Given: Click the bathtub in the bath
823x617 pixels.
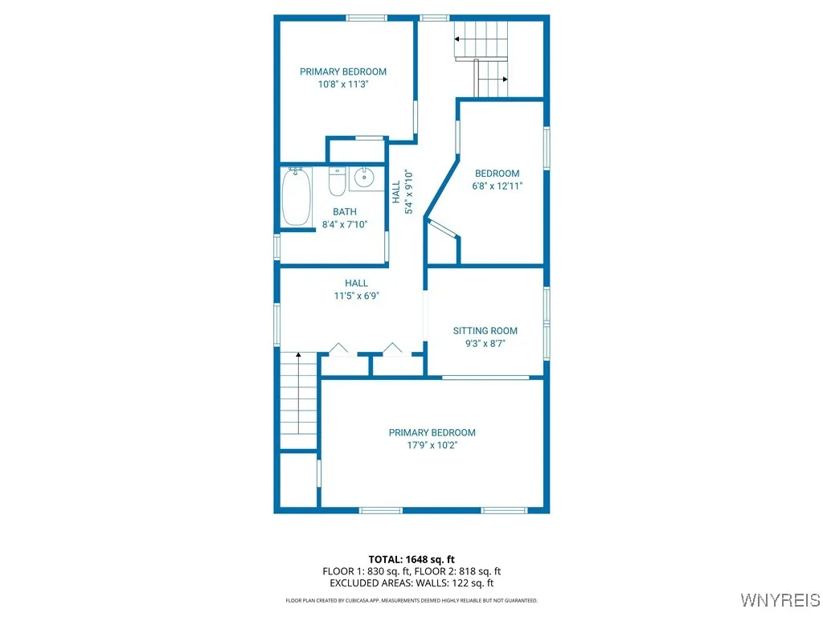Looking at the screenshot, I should [x=296, y=198].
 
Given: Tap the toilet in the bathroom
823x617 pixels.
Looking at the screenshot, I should [x=338, y=183].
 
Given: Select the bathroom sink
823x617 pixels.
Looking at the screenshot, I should [x=366, y=178].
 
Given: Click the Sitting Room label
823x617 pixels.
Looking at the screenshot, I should [x=485, y=331].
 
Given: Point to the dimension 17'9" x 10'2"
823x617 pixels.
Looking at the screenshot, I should [x=432, y=445].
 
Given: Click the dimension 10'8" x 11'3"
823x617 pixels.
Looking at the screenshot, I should [x=343, y=84].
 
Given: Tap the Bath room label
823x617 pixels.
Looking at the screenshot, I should [x=345, y=212].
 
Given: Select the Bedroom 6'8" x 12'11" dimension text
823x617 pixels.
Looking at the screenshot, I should [x=497, y=186].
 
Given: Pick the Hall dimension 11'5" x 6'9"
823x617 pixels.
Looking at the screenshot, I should [x=356, y=296].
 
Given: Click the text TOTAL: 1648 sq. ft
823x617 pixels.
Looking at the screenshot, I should [x=411, y=559].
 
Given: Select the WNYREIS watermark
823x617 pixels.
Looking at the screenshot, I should [x=780, y=600].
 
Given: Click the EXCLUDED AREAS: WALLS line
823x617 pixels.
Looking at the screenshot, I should [x=411, y=583].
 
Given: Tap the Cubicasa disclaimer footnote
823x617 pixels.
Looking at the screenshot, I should [x=411, y=600].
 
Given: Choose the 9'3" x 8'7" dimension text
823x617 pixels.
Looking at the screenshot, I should [x=485, y=343].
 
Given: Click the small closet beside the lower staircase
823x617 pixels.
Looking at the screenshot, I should [x=298, y=480].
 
